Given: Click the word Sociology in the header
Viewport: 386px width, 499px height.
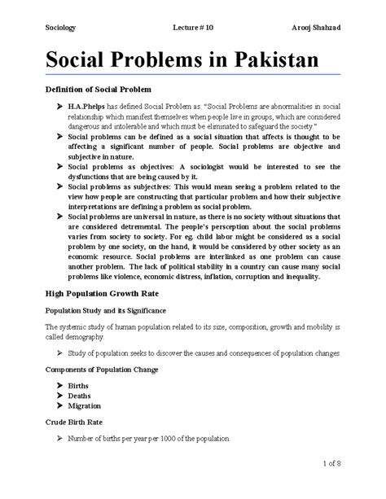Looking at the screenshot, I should coord(59,29).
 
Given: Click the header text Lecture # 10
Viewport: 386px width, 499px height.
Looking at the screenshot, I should coord(195,29).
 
